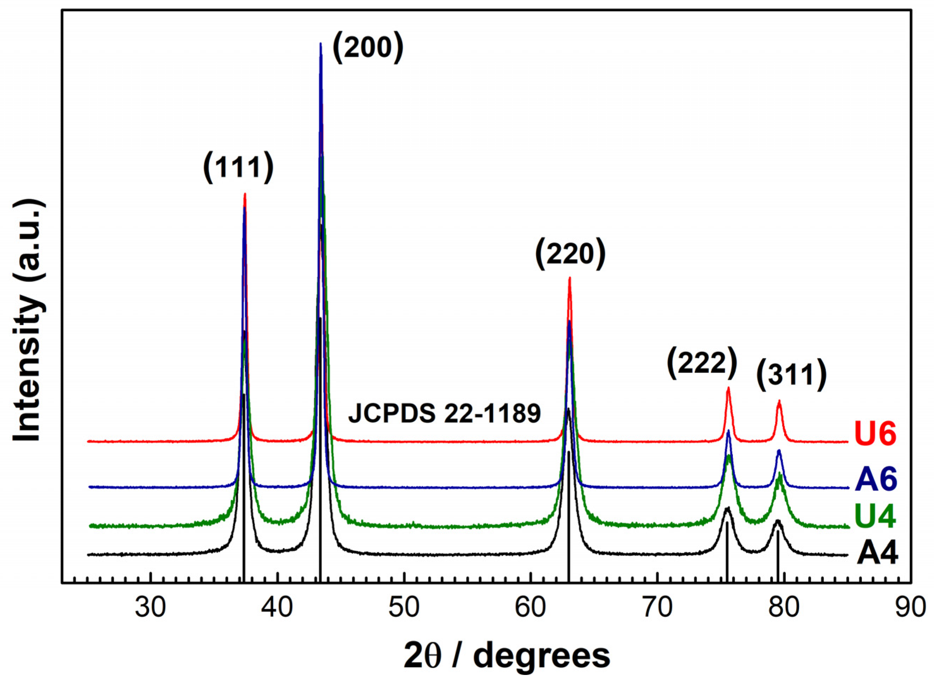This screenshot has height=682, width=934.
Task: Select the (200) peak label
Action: point(367,48)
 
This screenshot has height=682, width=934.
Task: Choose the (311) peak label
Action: point(791,376)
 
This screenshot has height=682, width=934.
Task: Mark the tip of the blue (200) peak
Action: point(321,43)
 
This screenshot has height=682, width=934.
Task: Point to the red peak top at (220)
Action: point(570,278)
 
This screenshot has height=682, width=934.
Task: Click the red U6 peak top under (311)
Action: point(779,400)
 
